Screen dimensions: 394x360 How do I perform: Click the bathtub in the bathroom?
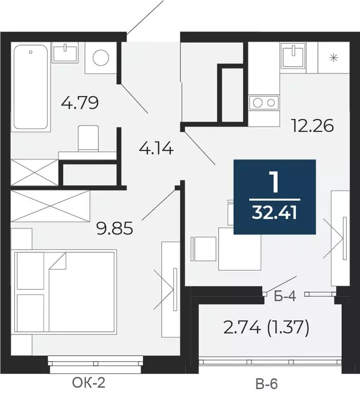tap(32, 87)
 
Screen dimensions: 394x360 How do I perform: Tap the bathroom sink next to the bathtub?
tap(65, 52)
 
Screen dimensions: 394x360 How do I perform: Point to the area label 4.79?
tap(79, 103)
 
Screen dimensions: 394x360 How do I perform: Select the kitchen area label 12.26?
tap(312, 125)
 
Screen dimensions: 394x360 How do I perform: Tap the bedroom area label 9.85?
tap(115, 227)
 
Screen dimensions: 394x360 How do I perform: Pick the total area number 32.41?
tap(274, 212)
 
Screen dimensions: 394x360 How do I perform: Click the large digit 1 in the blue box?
tap(274, 183)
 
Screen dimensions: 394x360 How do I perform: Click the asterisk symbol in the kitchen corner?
tap(334, 57)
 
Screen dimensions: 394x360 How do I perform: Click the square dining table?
tap(239, 249)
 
